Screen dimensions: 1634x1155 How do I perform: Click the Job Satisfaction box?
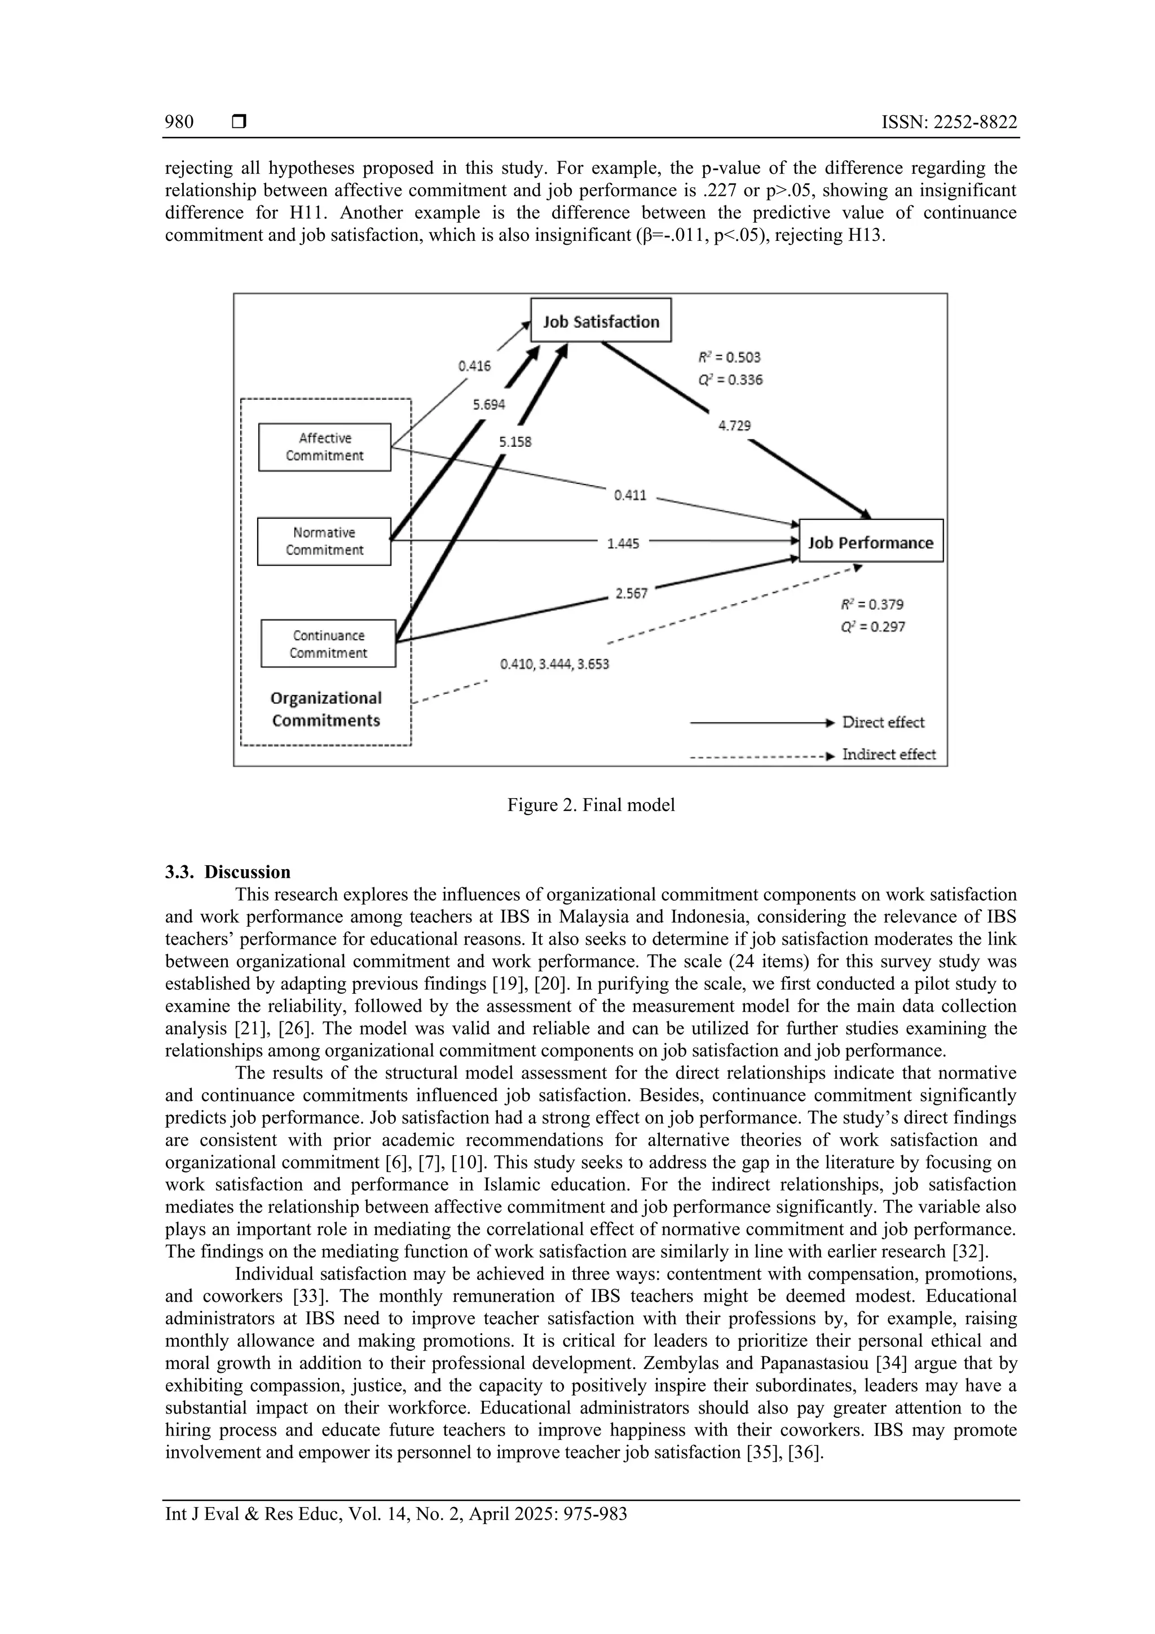coord(601,321)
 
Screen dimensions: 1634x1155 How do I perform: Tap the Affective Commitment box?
coord(324,447)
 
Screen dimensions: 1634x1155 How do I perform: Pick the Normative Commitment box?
coord(324,541)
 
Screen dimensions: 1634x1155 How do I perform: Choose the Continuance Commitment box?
coord(328,644)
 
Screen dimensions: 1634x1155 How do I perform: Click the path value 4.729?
coord(734,426)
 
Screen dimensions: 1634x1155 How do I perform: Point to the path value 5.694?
coord(488,404)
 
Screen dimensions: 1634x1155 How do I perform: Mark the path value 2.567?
coord(631,593)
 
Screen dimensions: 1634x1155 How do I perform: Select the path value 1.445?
coord(623,544)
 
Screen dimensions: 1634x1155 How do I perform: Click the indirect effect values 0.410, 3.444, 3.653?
coord(554,664)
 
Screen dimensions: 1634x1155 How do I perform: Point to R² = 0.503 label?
coord(729,357)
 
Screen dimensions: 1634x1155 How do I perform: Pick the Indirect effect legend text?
coord(888,754)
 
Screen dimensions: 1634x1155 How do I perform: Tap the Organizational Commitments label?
coord(326,709)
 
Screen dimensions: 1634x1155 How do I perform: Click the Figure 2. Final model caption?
coord(590,805)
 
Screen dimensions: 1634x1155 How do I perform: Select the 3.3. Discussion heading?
coord(228,872)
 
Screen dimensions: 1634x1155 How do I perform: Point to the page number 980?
coord(179,122)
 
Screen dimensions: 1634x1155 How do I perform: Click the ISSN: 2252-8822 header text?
coord(949,122)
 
